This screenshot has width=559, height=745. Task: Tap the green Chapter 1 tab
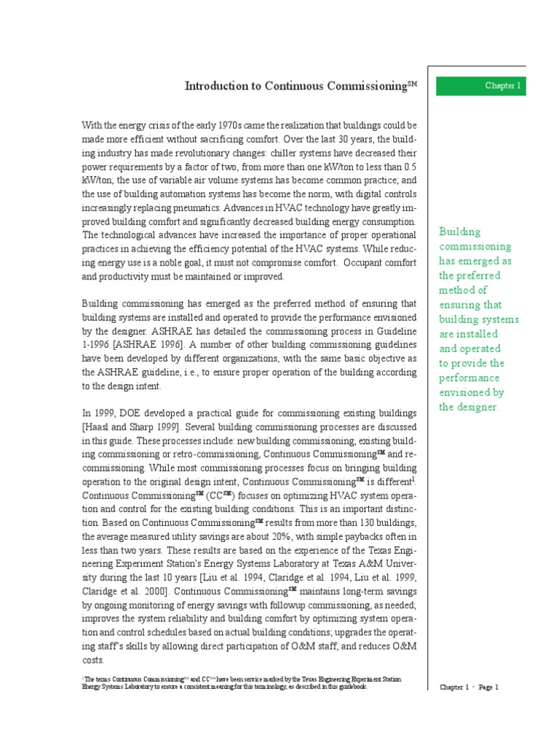point(481,86)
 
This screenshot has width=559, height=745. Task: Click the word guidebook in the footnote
point(352,687)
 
